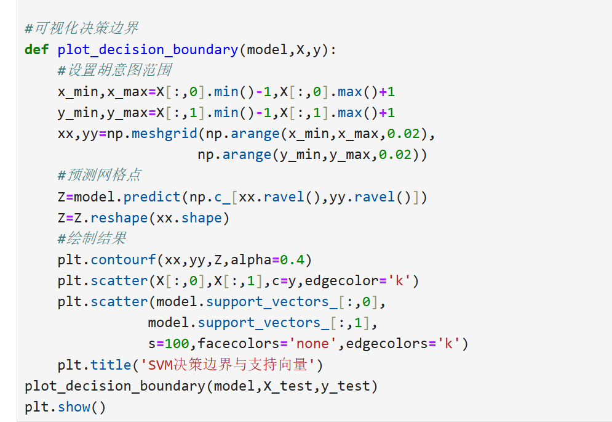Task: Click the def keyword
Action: (36, 50)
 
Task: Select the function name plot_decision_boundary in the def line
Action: (148, 50)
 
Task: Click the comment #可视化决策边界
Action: (81, 28)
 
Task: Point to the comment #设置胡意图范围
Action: (114, 71)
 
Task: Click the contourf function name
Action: (123, 260)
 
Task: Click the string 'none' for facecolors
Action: (313, 344)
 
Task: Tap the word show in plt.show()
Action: (74, 407)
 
